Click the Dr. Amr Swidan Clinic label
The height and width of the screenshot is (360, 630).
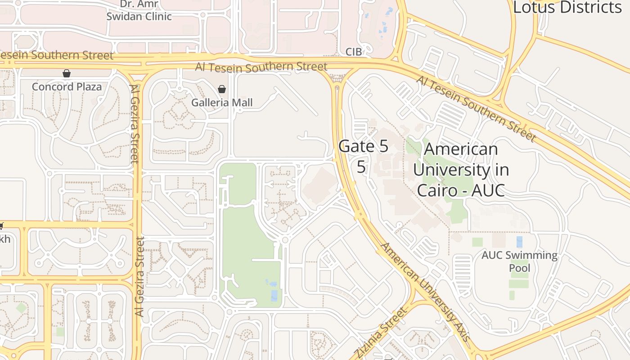pyautogui.click(x=139, y=10)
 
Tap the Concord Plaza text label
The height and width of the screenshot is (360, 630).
pyautogui.click(x=67, y=86)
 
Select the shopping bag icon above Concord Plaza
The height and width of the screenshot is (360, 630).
pyautogui.click(x=67, y=73)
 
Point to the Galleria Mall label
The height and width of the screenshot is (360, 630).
pyautogui.click(x=222, y=103)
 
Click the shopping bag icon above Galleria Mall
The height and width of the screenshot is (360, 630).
pyautogui.click(x=221, y=89)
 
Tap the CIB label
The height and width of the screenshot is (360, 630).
pyautogui.click(x=354, y=52)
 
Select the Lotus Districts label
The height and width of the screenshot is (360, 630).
pyautogui.click(x=567, y=7)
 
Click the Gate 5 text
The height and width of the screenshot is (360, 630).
pyautogui.click(x=363, y=146)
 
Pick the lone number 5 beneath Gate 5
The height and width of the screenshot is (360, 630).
pyautogui.click(x=361, y=166)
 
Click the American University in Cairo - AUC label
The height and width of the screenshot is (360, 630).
pyautogui.click(x=461, y=170)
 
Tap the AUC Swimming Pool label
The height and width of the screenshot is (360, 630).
pyautogui.click(x=519, y=261)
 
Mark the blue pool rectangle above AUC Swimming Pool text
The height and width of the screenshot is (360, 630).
pyautogui.click(x=519, y=242)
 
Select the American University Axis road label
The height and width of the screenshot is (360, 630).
pyautogui.click(x=426, y=292)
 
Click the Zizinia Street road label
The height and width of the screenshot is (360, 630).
pyautogui.click(x=380, y=333)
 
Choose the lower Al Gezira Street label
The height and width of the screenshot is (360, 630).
pyautogui.click(x=140, y=276)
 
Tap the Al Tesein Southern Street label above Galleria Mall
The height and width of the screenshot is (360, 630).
pyautogui.click(x=261, y=67)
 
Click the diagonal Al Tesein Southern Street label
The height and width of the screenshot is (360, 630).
pyautogui.click(x=477, y=108)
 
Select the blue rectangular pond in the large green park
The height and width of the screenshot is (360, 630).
pyautogui.click(x=274, y=296)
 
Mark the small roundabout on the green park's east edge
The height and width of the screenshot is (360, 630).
pyautogui.click(x=285, y=240)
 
